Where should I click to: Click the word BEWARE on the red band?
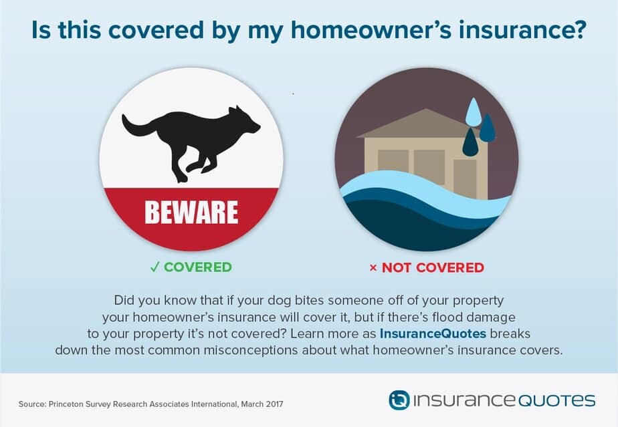click(191, 212)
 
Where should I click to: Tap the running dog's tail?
click(136, 126)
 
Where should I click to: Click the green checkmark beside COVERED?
click(155, 267)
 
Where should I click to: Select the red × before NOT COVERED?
click(373, 268)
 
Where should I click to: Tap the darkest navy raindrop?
click(470, 142)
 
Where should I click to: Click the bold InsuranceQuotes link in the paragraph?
click(433, 333)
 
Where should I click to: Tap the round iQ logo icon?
click(399, 400)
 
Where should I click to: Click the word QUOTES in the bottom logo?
click(556, 401)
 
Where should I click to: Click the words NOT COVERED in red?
click(433, 268)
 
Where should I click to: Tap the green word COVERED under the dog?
click(198, 267)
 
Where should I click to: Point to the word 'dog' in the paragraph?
click(280, 301)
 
